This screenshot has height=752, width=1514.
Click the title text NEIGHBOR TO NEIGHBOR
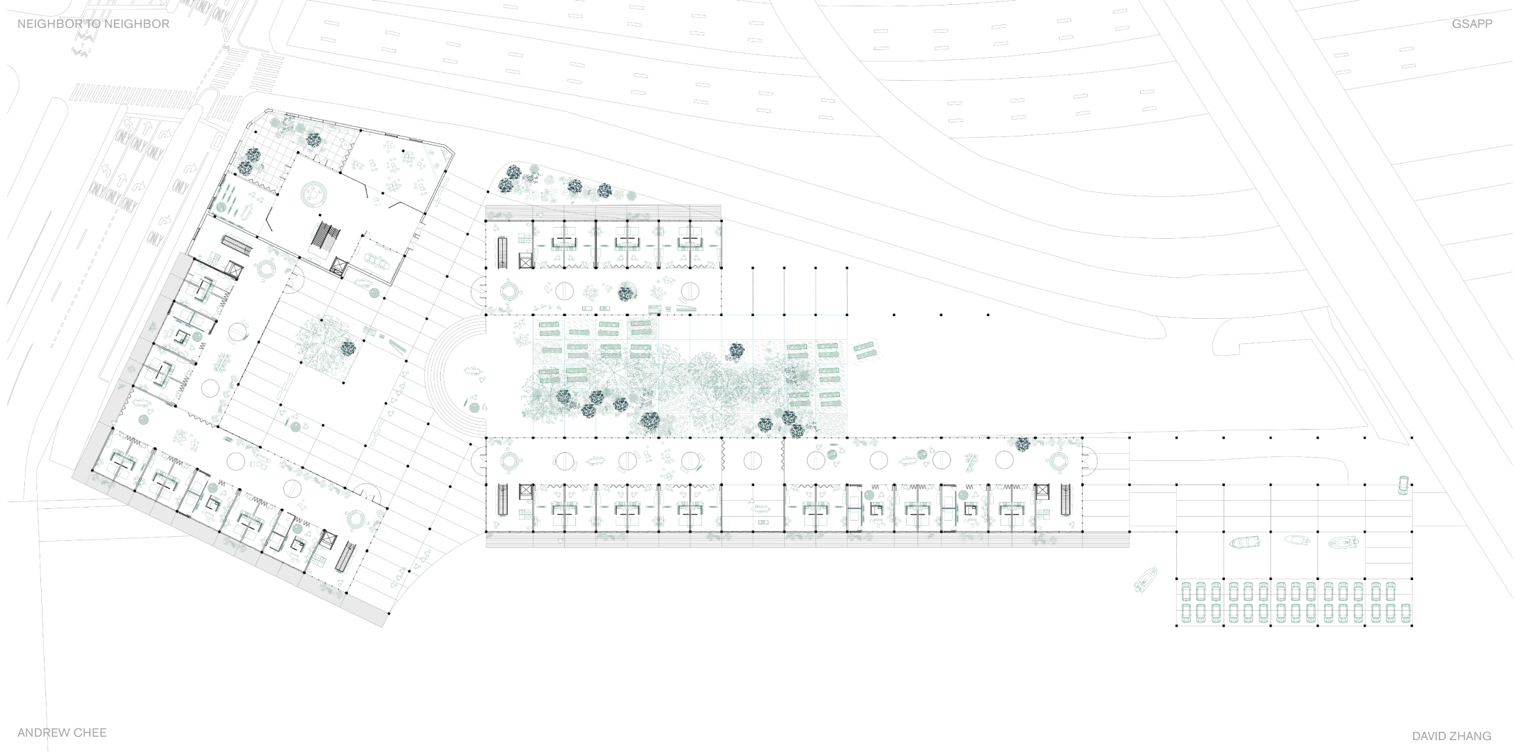click(93, 24)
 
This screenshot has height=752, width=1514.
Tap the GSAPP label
click(1472, 24)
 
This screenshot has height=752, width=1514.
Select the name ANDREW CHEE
click(62, 733)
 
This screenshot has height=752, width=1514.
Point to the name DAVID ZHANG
click(1451, 736)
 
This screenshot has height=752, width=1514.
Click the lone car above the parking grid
click(1403, 485)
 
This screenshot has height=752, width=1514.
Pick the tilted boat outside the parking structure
click(1146, 579)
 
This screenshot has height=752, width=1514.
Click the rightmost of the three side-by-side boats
click(1343, 542)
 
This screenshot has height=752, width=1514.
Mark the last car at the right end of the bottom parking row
click(1405, 613)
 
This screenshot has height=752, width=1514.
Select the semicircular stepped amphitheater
click(456, 377)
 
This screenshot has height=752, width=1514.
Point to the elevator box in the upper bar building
click(525, 260)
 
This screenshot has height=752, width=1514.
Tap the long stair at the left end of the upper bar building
click(502, 252)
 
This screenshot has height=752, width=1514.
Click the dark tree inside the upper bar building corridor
click(626, 293)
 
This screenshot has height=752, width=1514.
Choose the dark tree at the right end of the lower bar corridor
click(1022, 444)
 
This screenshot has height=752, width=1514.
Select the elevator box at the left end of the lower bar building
click(525, 492)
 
